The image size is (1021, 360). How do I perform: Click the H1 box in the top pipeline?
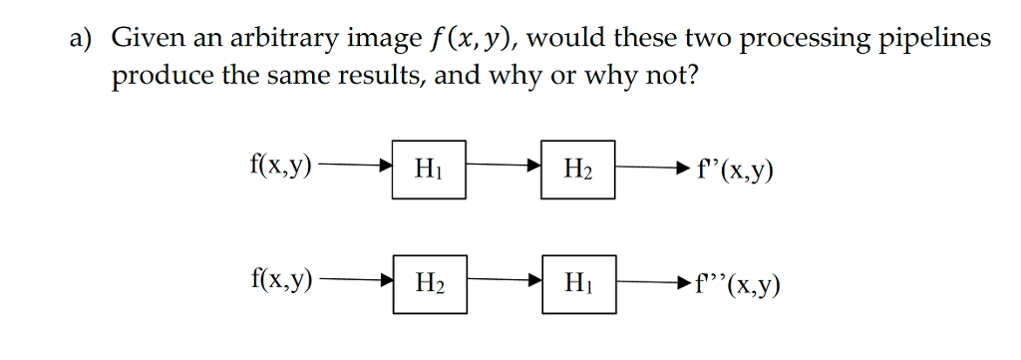[428, 172]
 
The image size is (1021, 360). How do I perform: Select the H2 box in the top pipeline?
[578, 172]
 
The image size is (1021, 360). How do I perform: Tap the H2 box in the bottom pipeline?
[429, 283]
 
